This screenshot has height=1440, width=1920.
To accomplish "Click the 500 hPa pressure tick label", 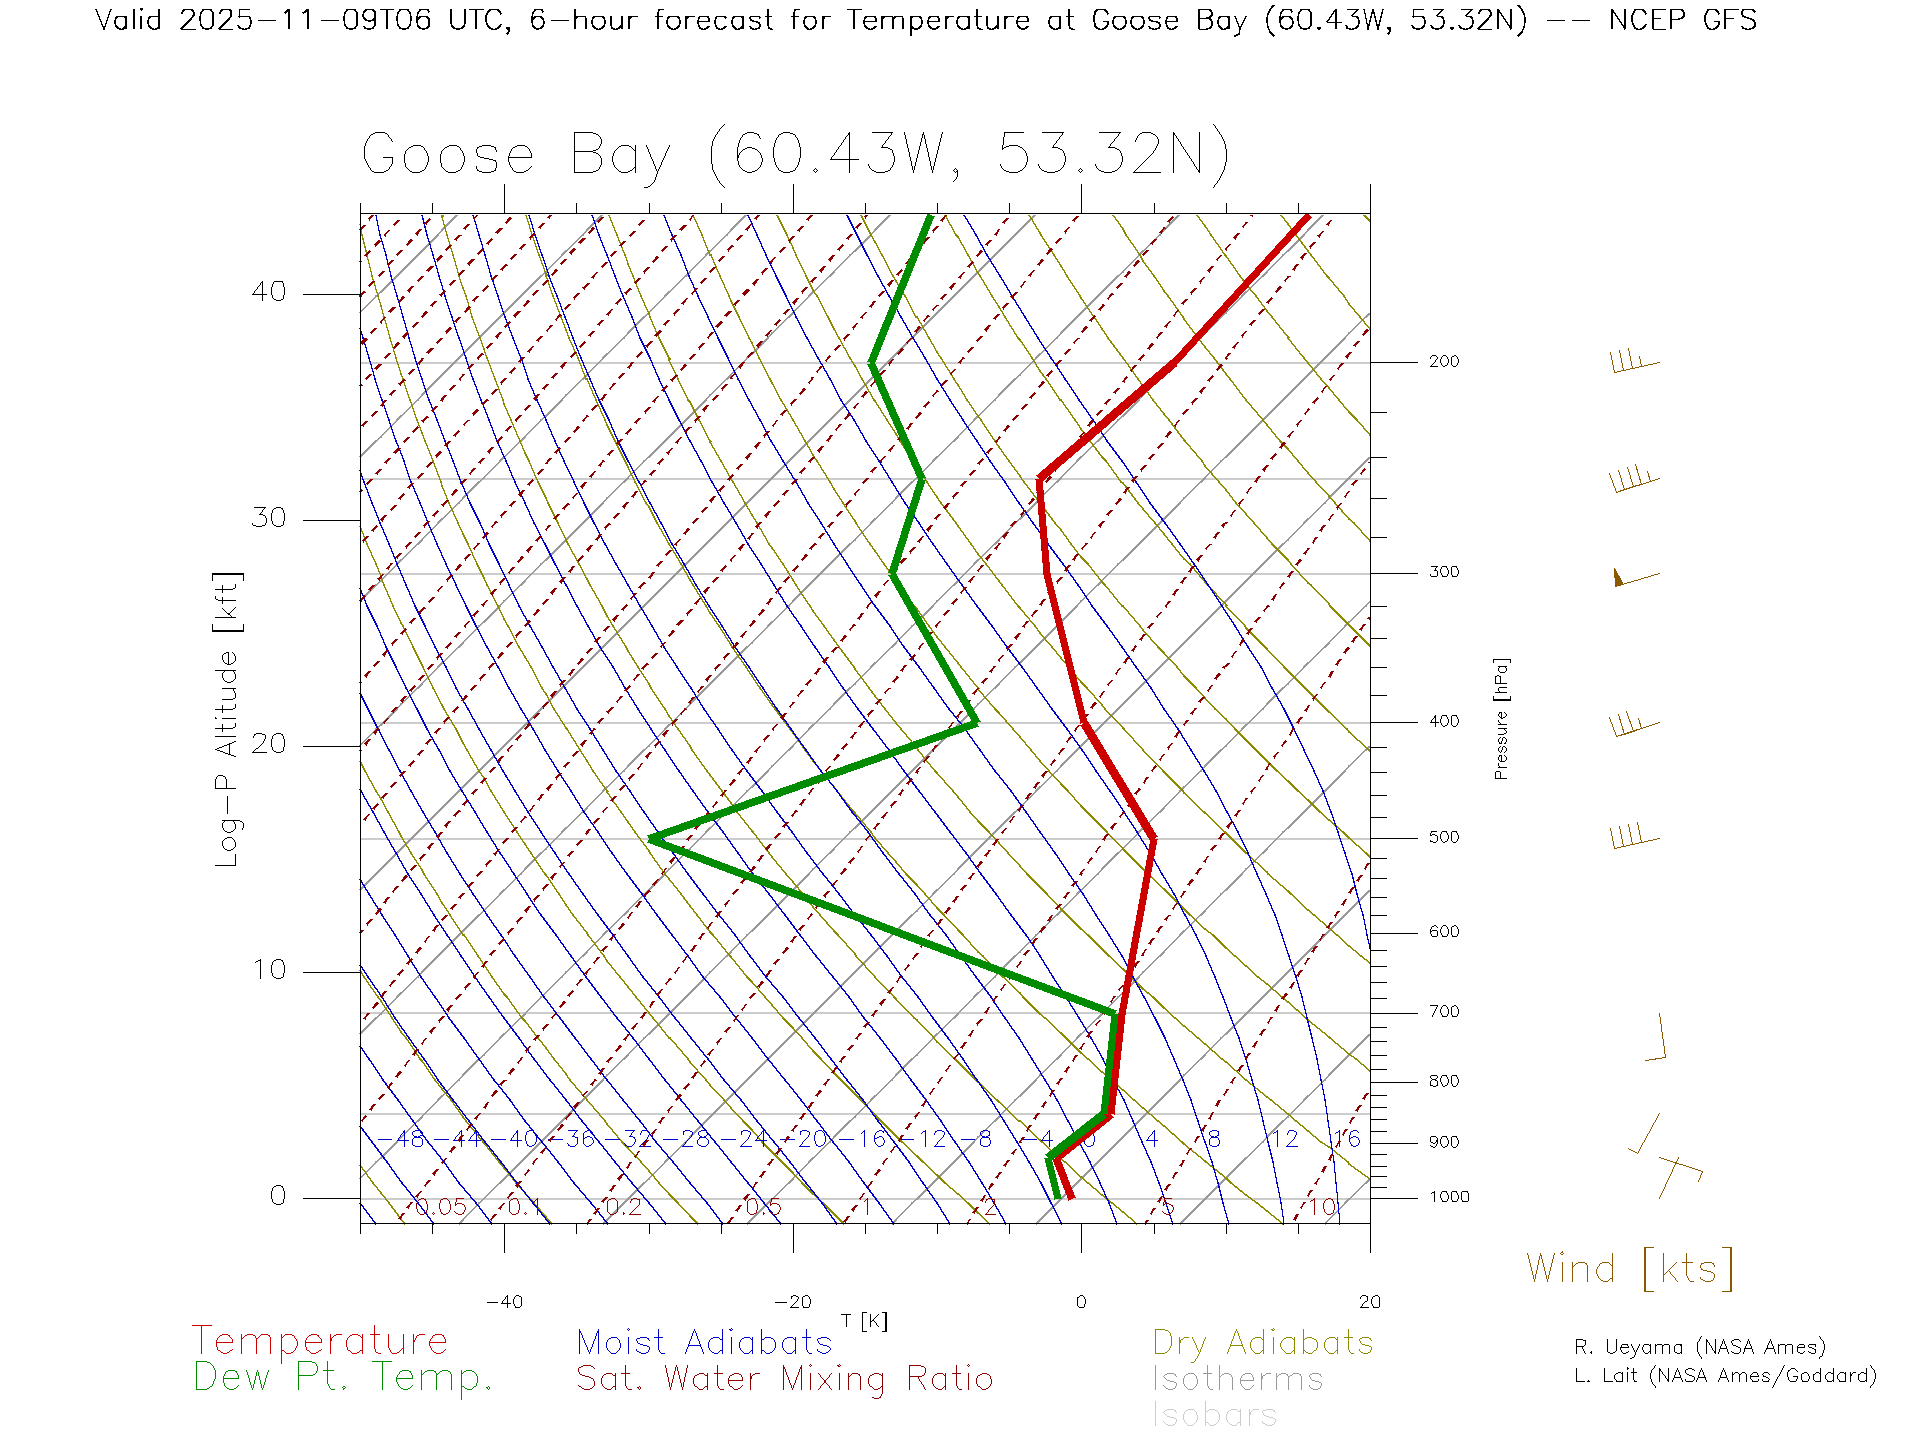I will [x=1443, y=837].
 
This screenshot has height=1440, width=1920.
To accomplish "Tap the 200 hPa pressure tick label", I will [x=1443, y=361].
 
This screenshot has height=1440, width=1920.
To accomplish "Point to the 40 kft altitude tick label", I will [x=268, y=292].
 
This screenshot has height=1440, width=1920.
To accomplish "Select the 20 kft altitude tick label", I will [x=268, y=744].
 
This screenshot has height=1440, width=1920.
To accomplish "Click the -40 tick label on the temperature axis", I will [x=504, y=1302].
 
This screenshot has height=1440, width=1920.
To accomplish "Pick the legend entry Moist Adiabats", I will [x=704, y=1342].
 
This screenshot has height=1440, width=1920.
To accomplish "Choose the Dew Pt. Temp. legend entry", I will [x=343, y=1378].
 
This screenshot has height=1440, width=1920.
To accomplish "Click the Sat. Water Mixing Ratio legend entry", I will [x=784, y=1379].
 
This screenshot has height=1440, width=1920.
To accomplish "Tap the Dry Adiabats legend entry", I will [x=1263, y=1342].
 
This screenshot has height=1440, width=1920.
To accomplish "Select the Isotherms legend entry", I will [x=1238, y=1379].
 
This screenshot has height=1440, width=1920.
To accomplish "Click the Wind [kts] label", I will [x=1630, y=1269].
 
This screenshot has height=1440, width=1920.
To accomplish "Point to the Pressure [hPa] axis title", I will [x=1501, y=718].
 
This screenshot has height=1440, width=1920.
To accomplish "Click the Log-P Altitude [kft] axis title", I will [x=228, y=720].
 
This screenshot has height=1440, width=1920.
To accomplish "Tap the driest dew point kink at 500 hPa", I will [x=652, y=838].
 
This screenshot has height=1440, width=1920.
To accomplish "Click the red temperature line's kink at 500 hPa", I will [x=1153, y=838].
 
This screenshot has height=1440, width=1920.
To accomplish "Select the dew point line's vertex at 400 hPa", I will [x=975, y=722].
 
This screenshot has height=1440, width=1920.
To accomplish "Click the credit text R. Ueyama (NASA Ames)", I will [x=1699, y=1347].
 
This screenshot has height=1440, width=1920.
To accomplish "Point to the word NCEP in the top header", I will [x=1646, y=20].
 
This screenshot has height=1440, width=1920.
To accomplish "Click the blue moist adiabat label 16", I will [x=1346, y=1139].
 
